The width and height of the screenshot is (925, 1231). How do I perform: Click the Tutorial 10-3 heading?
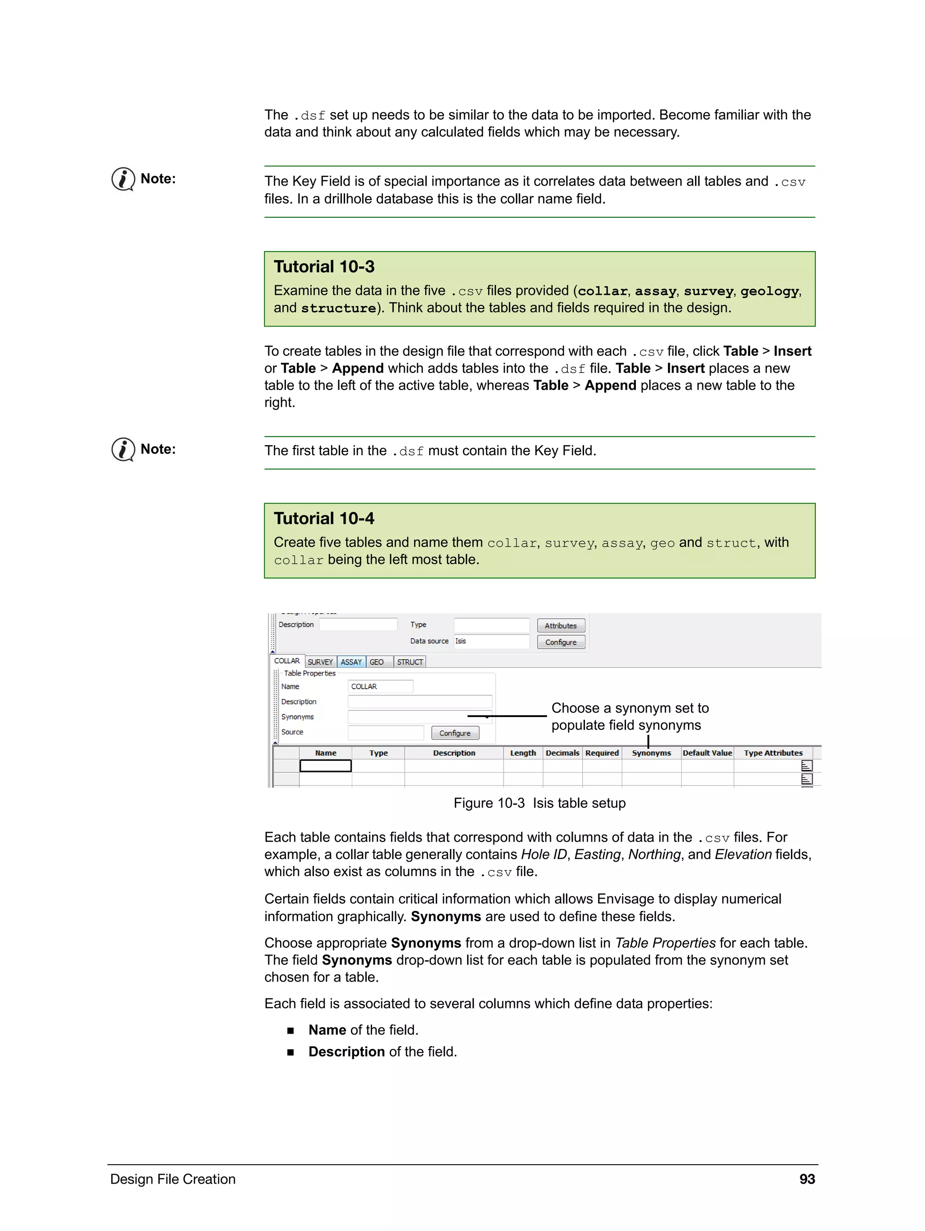(x=323, y=266)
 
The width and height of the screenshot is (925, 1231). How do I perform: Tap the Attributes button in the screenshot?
(x=561, y=625)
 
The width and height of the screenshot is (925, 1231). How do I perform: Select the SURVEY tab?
(x=320, y=662)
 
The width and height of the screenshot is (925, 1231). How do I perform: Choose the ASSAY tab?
(x=351, y=662)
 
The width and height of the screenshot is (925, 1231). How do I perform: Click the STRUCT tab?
(x=410, y=662)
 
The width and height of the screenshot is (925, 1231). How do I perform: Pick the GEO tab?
(x=377, y=662)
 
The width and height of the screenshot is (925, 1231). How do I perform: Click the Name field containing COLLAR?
(x=381, y=686)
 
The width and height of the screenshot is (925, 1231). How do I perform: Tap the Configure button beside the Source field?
(x=455, y=733)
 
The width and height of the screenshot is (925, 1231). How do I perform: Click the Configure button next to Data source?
(x=561, y=642)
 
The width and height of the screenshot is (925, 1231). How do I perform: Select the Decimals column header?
(x=562, y=753)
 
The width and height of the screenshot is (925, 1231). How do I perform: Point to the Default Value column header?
(x=707, y=753)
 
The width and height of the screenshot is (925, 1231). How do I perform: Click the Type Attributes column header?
(x=773, y=753)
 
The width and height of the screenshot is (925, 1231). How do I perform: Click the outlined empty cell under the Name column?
(x=326, y=766)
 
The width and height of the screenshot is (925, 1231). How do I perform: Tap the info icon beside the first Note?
(x=123, y=179)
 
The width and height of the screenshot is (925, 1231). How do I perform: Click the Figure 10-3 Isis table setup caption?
(x=539, y=803)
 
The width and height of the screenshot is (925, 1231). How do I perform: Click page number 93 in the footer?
(x=807, y=1179)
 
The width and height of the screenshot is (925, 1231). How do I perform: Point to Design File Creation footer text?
(x=173, y=1179)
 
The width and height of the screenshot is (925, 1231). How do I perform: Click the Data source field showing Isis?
(x=491, y=641)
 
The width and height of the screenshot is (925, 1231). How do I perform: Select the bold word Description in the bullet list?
(x=346, y=1052)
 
